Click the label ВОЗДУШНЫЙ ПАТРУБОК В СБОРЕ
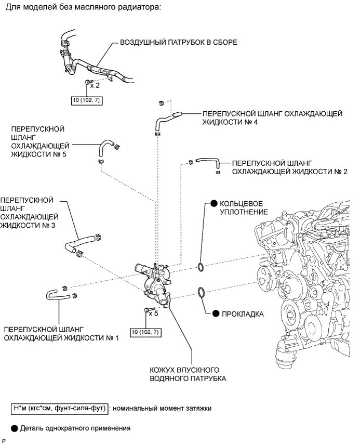click(179, 43)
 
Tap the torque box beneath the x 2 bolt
click(87, 100)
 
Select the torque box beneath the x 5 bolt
click(146, 332)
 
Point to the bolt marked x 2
click(87, 82)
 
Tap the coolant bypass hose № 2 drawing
click(208, 162)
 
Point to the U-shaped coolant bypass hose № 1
click(57, 295)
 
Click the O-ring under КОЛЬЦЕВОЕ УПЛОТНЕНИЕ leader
click(201, 267)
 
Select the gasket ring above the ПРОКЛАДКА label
click(201, 292)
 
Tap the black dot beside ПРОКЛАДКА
click(216, 314)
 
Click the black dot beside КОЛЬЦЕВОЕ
click(214, 203)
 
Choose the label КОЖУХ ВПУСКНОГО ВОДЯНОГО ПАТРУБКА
click(188, 374)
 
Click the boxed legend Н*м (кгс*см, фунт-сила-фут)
click(60, 408)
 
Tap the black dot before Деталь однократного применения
click(15, 428)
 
